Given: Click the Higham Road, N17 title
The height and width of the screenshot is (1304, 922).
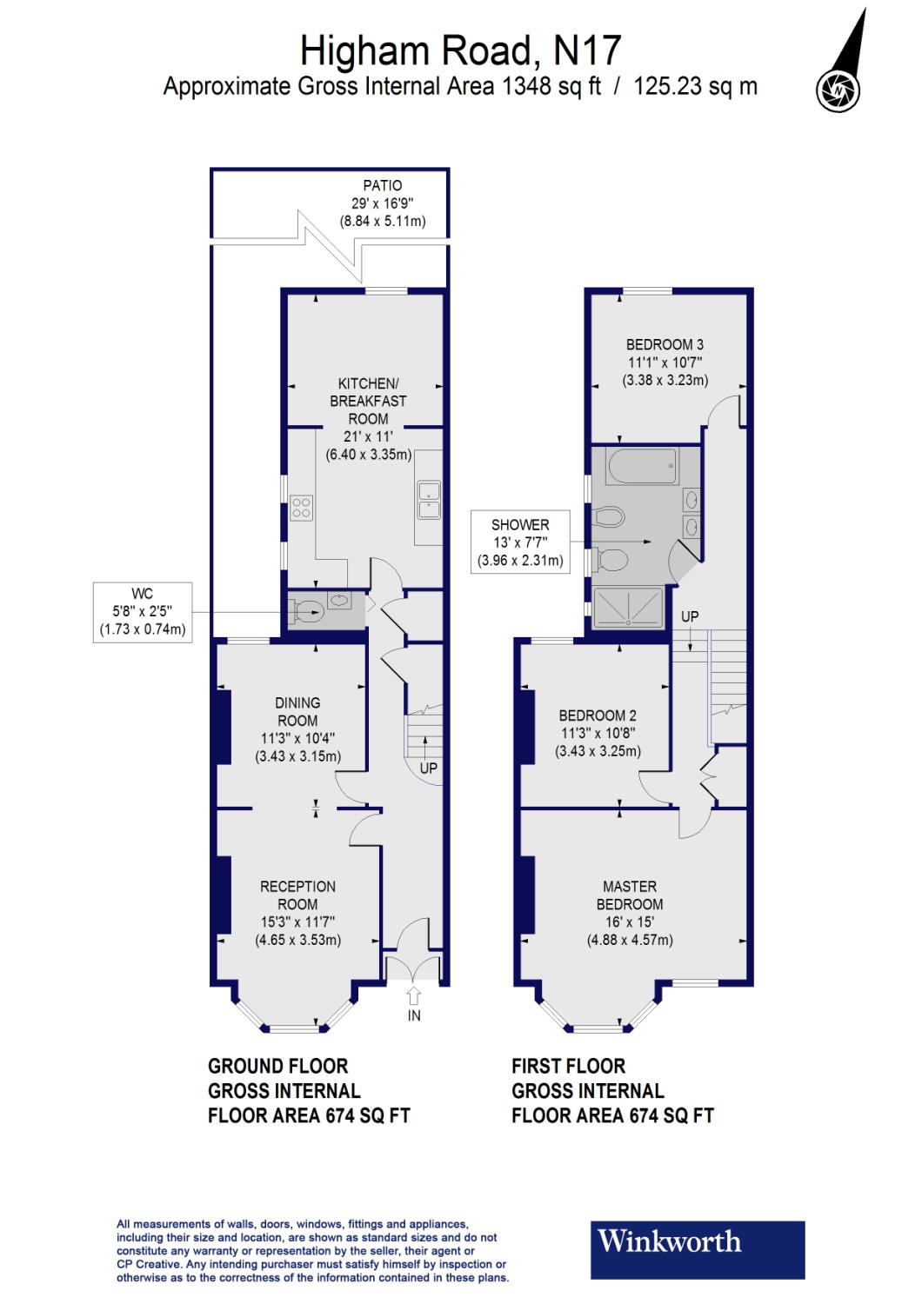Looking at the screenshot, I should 460,50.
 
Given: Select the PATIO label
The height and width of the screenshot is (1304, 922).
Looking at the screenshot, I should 382,185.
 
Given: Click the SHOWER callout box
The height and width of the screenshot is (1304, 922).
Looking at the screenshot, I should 520,542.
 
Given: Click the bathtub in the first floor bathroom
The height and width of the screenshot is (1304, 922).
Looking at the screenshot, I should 643,469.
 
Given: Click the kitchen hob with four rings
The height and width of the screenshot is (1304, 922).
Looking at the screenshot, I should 302,508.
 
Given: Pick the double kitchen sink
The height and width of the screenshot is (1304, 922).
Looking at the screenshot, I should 429,500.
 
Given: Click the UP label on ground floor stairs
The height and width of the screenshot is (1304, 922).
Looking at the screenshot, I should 428,768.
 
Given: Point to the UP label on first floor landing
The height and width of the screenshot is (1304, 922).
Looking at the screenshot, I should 690,615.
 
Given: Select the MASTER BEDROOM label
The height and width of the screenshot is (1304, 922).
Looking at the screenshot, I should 630,895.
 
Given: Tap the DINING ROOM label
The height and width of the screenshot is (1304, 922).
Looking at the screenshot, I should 297,711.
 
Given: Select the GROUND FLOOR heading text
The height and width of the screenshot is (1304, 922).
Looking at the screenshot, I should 277,1066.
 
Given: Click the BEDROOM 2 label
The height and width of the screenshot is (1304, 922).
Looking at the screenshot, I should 598,715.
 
